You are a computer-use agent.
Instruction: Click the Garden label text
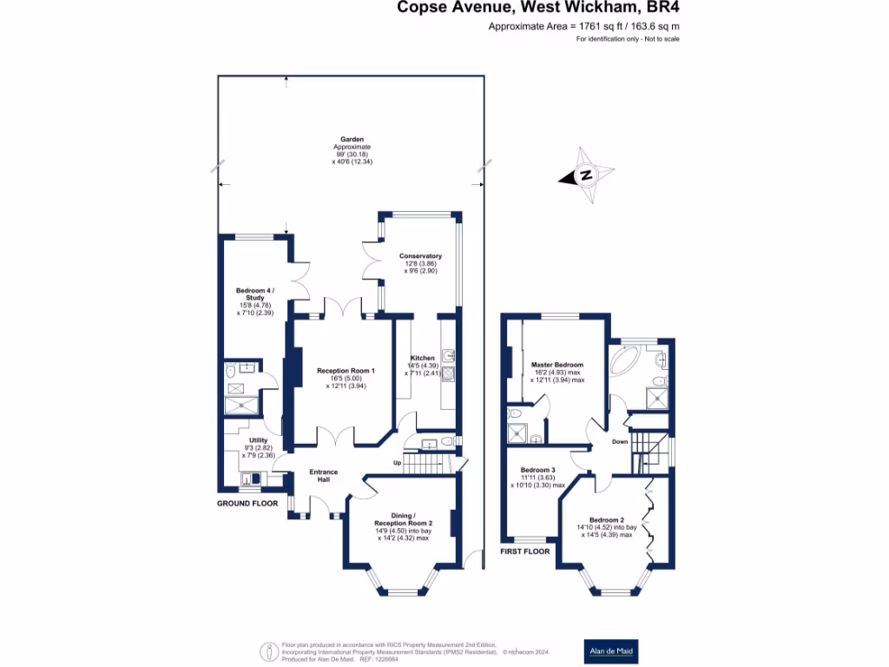pos(352,139)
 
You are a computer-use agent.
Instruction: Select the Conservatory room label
pos(420,256)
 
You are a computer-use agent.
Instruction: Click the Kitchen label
pos(423,358)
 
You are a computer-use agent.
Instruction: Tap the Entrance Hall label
pos(324,477)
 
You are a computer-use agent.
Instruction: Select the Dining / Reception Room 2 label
pos(403,518)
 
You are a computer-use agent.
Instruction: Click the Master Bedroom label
pos(557,365)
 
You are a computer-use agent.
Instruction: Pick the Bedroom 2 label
pos(606,520)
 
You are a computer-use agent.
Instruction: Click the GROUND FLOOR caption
pos(247,503)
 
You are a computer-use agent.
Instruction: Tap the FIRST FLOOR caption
pos(524,551)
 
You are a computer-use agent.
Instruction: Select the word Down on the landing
pos(620,441)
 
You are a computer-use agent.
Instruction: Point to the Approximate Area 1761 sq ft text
pos(583,28)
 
